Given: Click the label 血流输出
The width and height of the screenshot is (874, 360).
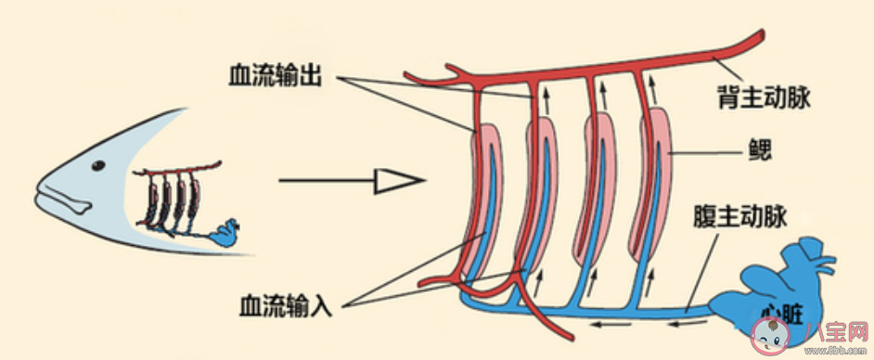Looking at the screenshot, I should click(x=274, y=75).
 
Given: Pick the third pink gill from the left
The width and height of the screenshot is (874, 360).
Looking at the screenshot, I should click(x=595, y=181).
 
